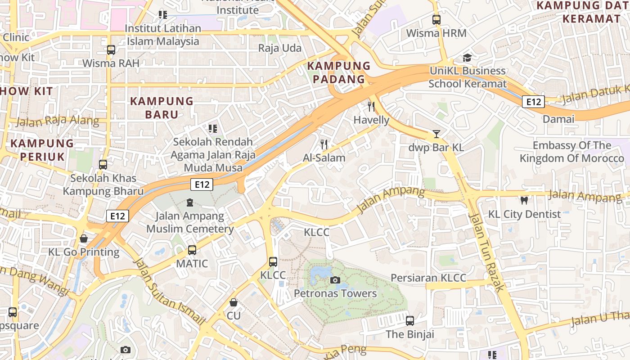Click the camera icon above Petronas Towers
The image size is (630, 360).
[335, 280]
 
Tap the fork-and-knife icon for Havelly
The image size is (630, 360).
[371, 107]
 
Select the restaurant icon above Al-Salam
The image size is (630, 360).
[324, 144]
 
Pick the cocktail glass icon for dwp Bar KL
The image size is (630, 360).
[436, 134]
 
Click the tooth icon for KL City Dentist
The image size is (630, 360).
[524, 201]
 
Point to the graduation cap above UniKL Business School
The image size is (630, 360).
[467, 58]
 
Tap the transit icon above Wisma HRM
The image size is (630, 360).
[436, 20]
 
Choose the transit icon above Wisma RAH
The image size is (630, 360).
[111, 50]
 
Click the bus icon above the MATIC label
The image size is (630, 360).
[192, 250]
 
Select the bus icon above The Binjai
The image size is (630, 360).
[410, 321]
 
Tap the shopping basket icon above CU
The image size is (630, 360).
[234, 302]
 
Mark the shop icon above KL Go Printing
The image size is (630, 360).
[84, 238]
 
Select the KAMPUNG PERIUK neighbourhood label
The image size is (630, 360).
[42, 150]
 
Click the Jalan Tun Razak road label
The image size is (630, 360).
[486, 252]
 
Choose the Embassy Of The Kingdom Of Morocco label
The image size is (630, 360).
[572, 152]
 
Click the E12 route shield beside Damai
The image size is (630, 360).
[533, 102]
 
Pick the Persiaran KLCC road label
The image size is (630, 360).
[428, 278]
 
